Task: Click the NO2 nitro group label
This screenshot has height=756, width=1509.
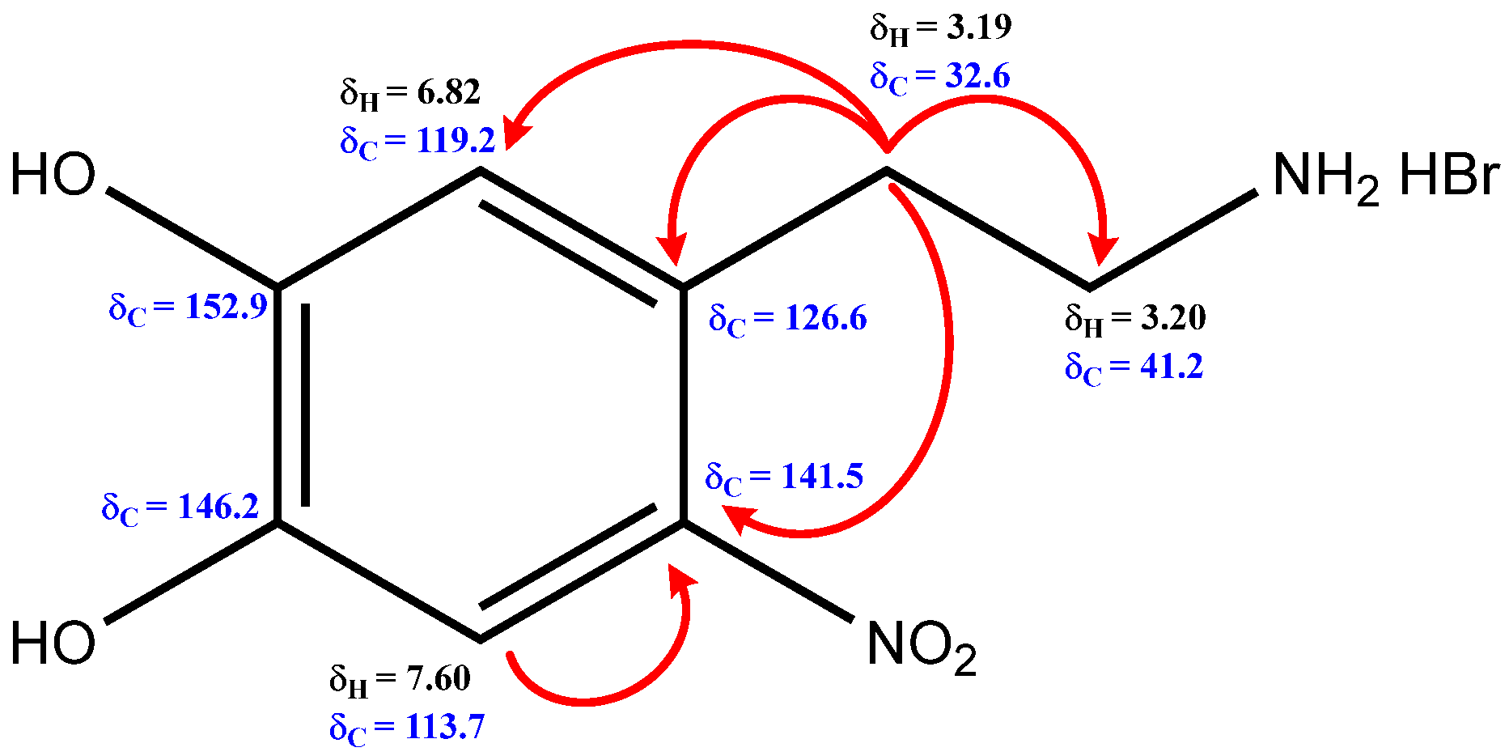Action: (921, 647)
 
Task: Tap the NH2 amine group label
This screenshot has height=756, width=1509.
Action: (1325, 177)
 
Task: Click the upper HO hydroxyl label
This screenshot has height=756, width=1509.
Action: (53, 176)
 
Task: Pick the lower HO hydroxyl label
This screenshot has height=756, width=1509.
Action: (53, 644)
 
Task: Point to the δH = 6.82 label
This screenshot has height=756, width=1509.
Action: (410, 93)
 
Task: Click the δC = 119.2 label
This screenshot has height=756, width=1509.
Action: (418, 142)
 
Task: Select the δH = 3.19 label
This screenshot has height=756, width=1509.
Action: (940, 28)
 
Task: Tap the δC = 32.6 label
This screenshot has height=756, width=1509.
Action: (940, 77)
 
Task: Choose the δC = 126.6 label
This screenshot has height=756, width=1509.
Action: (787, 319)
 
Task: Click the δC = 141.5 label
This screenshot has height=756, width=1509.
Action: (784, 477)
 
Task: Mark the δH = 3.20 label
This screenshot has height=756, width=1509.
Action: (1135, 318)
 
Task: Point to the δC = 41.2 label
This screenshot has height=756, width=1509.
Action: (1134, 367)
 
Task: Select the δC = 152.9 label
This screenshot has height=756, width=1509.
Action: (188, 308)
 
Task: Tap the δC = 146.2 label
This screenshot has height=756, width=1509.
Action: (180, 508)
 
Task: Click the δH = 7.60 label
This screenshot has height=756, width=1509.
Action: (400, 678)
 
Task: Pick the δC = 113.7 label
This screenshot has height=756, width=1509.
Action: (407, 728)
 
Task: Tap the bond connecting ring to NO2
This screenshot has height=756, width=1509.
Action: (768, 571)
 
